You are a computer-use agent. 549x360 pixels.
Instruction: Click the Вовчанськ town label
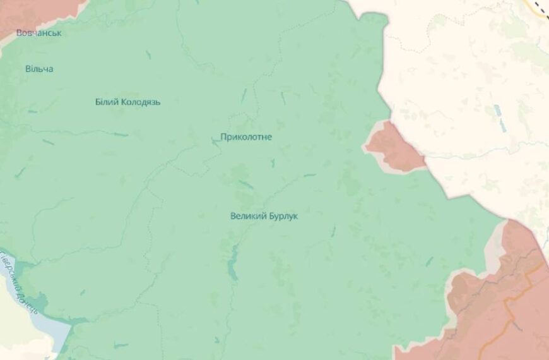click(39, 33)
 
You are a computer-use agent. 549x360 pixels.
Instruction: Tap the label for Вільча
click(39, 68)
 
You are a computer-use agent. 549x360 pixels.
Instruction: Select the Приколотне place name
click(246, 136)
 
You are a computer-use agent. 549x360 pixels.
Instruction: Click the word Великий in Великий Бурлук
click(249, 216)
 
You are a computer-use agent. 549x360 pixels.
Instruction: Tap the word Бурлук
click(284, 216)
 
